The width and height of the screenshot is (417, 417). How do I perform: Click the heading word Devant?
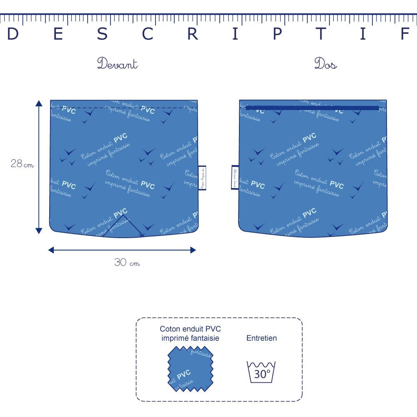(x=117, y=64)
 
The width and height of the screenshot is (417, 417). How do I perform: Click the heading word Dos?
(x=325, y=64)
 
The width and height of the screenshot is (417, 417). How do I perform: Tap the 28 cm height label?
(x=22, y=164)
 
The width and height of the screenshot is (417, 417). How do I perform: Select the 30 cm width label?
(x=127, y=263)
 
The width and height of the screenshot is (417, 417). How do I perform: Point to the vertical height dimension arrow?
(x=39, y=167)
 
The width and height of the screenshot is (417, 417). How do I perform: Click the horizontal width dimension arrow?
(x=122, y=250)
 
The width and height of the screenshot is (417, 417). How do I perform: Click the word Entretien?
(x=261, y=338)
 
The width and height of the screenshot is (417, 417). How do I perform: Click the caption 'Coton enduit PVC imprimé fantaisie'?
(x=190, y=334)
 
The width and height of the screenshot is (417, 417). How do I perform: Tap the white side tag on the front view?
(x=202, y=178)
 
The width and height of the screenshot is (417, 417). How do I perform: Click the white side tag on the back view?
(x=235, y=177)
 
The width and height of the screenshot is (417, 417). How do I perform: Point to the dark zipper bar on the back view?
(x=312, y=108)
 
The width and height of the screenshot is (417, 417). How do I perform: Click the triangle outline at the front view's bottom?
(x=123, y=229)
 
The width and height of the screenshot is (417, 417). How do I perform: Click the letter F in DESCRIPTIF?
(x=404, y=35)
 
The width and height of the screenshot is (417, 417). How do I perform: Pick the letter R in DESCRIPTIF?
(x=192, y=35)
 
